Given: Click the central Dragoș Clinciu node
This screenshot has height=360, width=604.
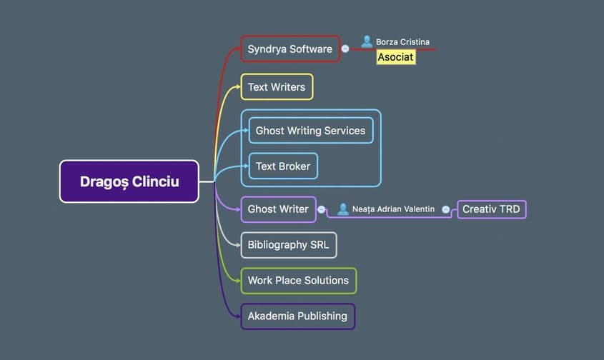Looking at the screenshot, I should (x=129, y=181).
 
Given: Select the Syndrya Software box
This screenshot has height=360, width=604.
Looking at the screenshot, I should (x=289, y=49).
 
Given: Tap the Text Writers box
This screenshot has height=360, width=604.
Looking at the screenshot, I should (x=277, y=87).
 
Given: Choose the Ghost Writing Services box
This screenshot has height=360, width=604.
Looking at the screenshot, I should (x=310, y=131).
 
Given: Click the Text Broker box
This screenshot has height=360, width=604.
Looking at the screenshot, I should (x=283, y=166).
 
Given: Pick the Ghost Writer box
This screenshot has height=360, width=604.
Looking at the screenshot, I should (x=278, y=209).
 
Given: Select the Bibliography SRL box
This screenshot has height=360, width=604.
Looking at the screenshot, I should (x=288, y=244).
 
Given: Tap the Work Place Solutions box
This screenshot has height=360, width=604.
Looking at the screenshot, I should (x=298, y=280).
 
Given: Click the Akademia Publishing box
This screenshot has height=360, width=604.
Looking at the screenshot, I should (x=297, y=316).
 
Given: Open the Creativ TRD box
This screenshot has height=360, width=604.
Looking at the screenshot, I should (x=492, y=209).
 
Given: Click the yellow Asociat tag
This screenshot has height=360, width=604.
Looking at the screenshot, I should (x=396, y=57).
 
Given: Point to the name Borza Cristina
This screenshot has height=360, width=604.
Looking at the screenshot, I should (x=402, y=42).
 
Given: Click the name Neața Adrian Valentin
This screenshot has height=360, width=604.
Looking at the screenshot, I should (x=393, y=209).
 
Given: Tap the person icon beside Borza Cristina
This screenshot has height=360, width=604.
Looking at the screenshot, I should (x=367, y=41).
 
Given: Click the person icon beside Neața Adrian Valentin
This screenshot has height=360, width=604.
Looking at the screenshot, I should (x=343, y=209).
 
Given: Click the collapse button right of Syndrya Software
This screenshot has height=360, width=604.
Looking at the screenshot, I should (x=345, y=49).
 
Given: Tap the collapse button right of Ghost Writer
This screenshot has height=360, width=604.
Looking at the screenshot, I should (x=322, y=209).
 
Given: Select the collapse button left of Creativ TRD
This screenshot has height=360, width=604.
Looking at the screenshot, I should (x=446, y=209).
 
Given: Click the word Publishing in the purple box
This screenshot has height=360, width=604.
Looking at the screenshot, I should (x=322, y=316).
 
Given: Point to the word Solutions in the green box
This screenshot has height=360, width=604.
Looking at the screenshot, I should (x=325, y=280).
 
